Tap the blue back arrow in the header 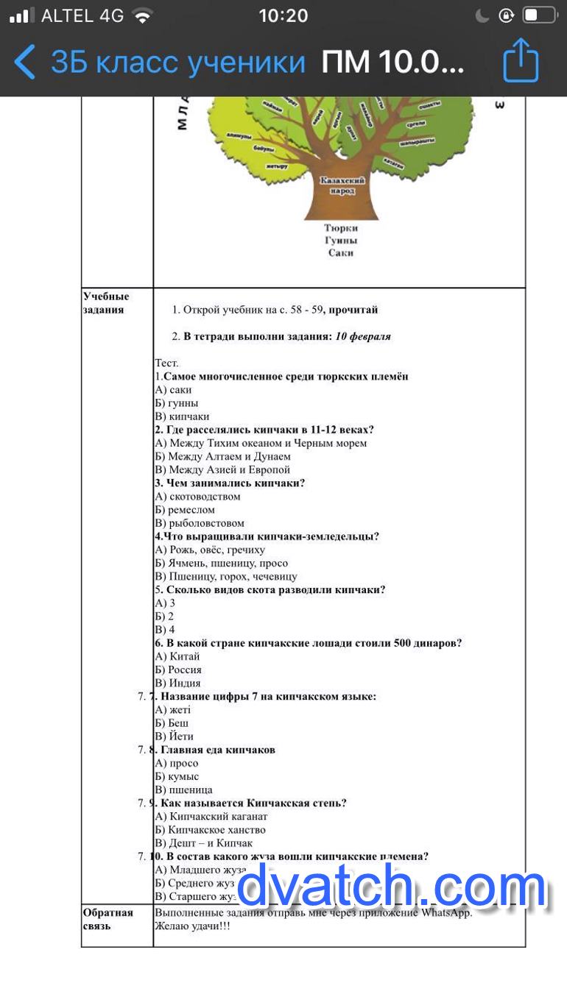[25, 62]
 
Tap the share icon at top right [521, 61]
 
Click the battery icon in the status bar [539, 15]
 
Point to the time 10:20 [283, 15]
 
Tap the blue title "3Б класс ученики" [177, 63]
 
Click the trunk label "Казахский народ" [342, 185]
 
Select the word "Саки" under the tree [340, 252]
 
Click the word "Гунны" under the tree [340, 241]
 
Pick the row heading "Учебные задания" [106, 303]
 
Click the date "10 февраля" [363, 336]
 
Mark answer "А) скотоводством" [197, 497]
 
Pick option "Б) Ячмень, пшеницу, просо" [221, 563]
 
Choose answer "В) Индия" [177, 683]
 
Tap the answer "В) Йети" [175, 736]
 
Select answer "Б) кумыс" [177, 776]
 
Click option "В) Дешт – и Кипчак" [204, 843]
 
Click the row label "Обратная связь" [108, 919]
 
